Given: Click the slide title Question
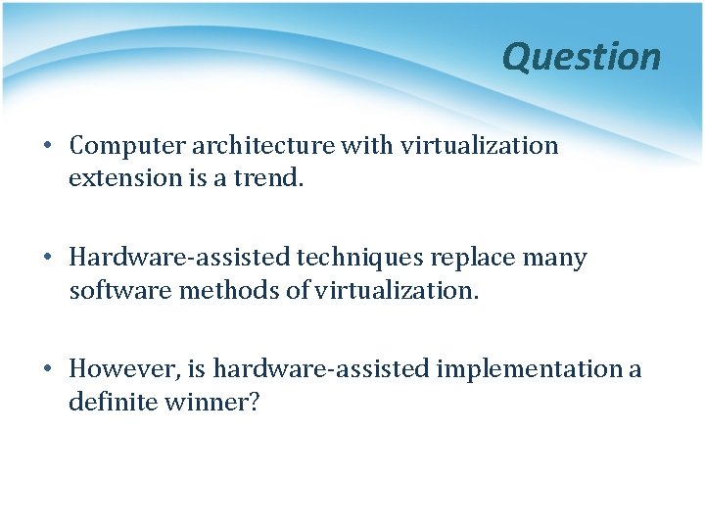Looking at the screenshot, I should coord(582,57).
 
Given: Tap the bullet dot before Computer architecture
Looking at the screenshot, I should coord(47,147).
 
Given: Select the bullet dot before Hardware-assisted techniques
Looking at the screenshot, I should coord(47,259).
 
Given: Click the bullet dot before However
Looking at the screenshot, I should coord(47,370).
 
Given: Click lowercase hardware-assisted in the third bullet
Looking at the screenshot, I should coord(321,369).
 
